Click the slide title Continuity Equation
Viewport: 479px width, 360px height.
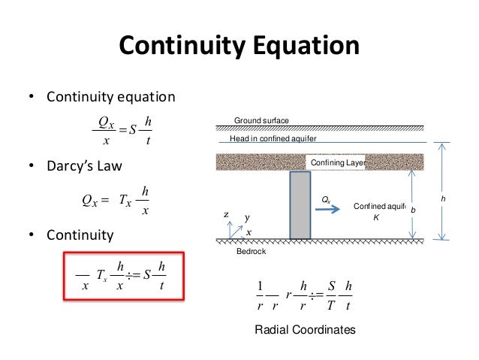(239, 47)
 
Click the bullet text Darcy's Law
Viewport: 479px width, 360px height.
(83, 165)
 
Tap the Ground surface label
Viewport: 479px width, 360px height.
(261, 121)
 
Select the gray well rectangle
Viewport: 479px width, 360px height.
(300, 205)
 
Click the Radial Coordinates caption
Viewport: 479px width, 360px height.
(305, 329)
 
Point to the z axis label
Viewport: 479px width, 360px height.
(226, 215)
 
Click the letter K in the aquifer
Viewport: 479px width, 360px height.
(376, 217)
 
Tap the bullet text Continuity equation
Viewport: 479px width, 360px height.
(111, 97)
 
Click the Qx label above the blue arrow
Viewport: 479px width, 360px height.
(325, 198)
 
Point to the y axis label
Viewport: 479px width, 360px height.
(246, 218)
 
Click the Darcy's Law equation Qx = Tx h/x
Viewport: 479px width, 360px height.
(116, 201)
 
